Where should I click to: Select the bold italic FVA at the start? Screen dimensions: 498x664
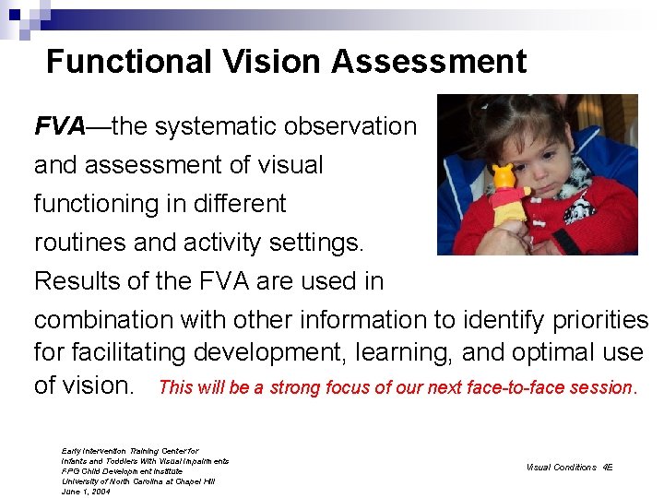(59, 126)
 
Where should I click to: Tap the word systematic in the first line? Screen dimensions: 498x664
(215, 126)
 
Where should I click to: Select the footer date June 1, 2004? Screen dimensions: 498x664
(86, 492)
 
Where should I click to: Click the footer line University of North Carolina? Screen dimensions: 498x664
(138, 481)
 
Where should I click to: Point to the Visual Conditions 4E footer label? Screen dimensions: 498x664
(569, 468)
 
